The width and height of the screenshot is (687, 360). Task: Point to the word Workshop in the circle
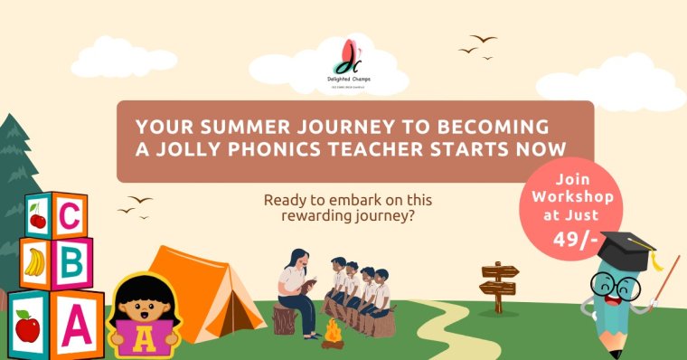572,197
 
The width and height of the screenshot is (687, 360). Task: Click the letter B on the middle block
71,264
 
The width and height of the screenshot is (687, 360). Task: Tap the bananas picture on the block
35,261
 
